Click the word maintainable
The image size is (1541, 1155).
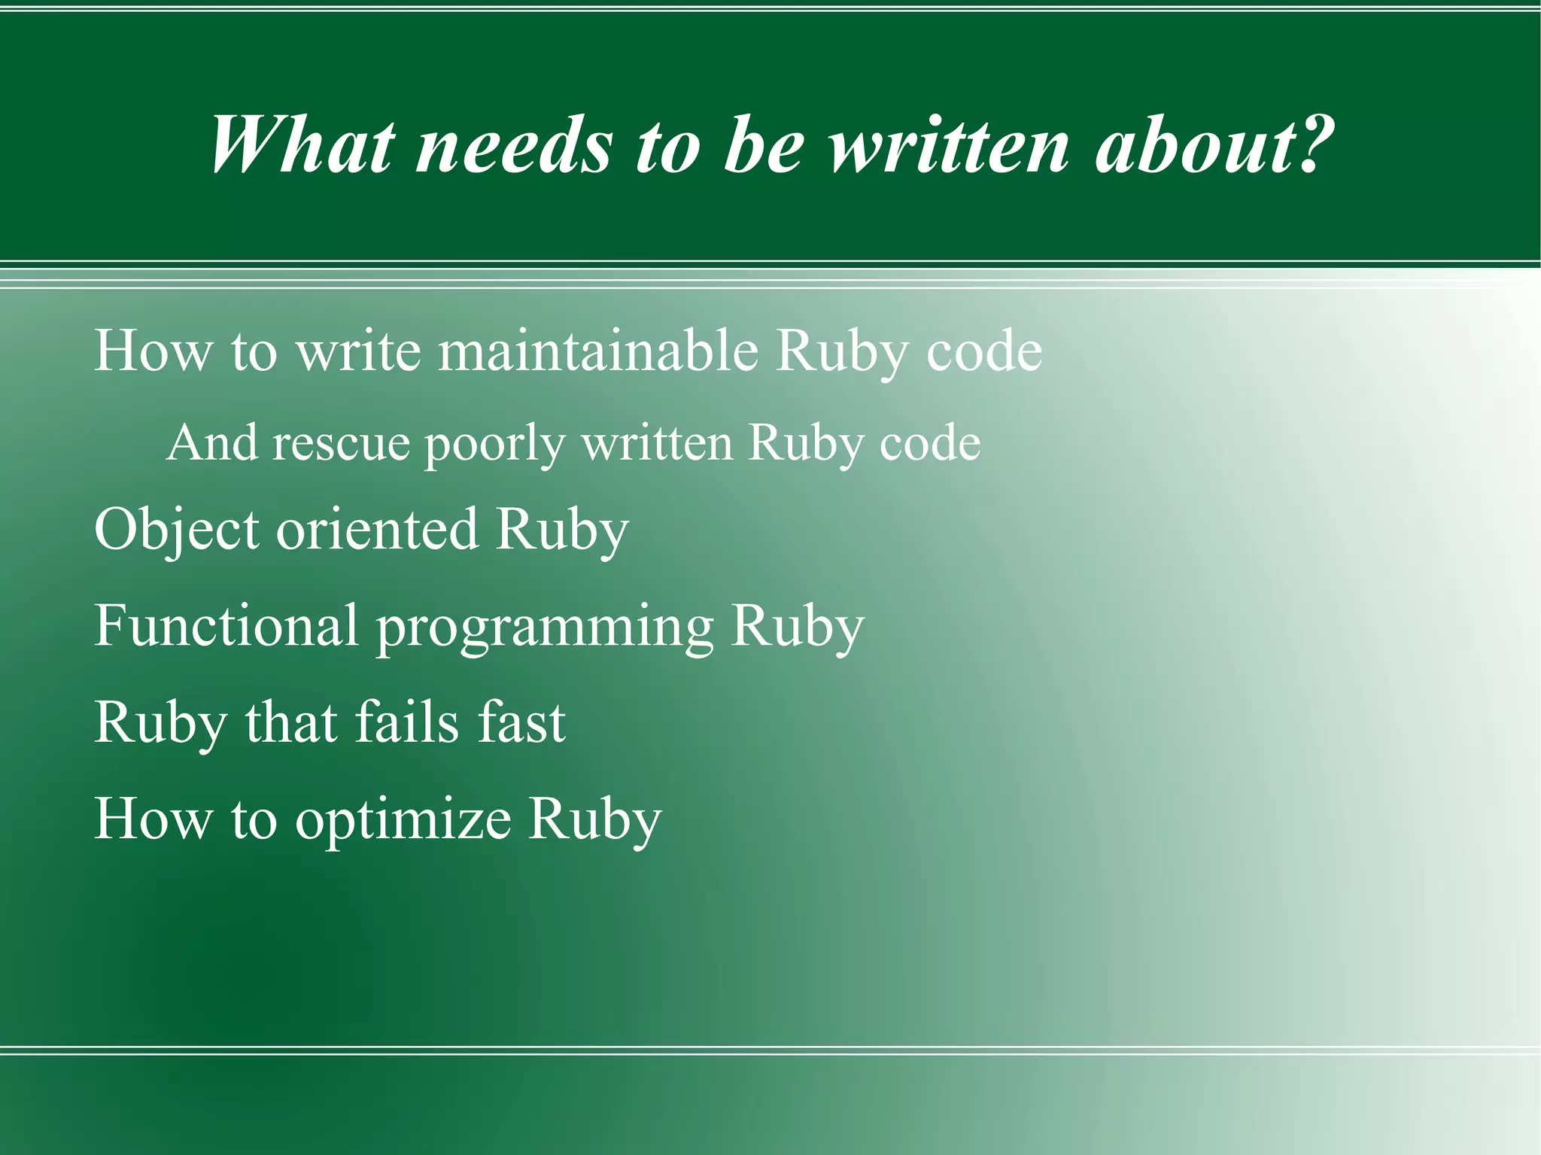point(598,351)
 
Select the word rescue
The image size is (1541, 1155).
point(341,442)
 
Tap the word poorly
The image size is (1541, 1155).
point(494,444)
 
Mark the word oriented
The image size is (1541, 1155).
point(377,529)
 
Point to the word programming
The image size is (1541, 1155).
point(544,628)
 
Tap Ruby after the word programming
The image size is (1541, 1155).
point(798,627)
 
